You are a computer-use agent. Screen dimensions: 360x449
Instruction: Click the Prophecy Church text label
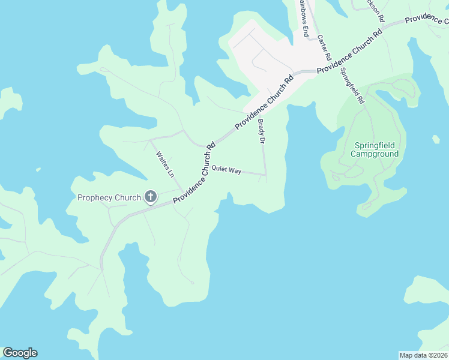(109, 197)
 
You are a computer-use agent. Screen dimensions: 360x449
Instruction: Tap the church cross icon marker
(150, 197)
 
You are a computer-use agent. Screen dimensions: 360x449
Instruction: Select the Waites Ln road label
(164, 164)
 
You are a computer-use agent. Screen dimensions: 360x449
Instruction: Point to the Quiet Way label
(226, 171)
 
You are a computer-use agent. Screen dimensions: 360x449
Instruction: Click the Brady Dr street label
(261, 132)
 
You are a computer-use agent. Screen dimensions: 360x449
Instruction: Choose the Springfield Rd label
(352, 86)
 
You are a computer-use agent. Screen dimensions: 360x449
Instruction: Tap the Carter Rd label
(324, 47)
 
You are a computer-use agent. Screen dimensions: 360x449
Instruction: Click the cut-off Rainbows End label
(303, 18)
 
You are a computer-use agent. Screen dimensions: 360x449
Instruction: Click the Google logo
(20, 353)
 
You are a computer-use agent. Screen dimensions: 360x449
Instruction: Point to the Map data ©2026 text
(424, 355)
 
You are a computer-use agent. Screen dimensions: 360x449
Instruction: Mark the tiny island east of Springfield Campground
(436, 139)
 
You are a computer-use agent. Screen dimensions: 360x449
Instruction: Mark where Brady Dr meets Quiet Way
(265, 175)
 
